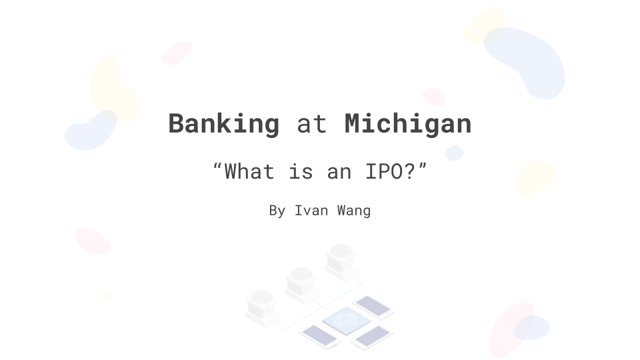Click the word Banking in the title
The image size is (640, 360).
pos(224,124)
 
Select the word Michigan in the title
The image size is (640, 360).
pos(408,124)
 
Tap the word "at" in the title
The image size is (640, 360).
pos(312,125)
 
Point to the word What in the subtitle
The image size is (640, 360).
pos(249,171)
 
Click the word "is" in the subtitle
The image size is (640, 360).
pos(301,171)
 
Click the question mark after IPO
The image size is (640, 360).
pos(410,171)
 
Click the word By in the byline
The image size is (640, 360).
pos(277,211)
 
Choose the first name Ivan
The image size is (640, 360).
pos(311,211)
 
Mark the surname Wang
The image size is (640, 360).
pos(353,211)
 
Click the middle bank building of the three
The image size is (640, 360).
pos(301,285)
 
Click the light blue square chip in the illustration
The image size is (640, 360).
pos(347,321)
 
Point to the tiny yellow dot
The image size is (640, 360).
pos(107,295)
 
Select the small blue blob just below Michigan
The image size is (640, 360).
pos(454,153)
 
